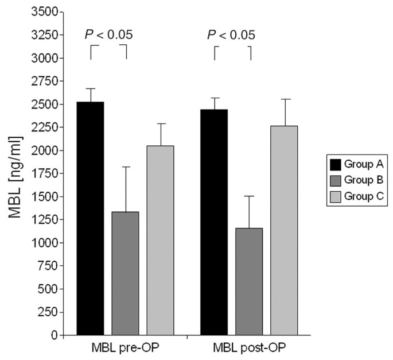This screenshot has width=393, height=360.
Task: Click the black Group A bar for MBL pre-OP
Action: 90,218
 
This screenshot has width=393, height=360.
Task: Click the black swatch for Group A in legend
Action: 334,164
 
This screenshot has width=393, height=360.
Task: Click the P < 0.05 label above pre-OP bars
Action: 108,35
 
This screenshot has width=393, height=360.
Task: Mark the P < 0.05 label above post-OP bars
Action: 232,35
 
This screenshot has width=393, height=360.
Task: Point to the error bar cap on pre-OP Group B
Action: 125,167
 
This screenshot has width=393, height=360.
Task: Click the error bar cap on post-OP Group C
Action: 284,99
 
